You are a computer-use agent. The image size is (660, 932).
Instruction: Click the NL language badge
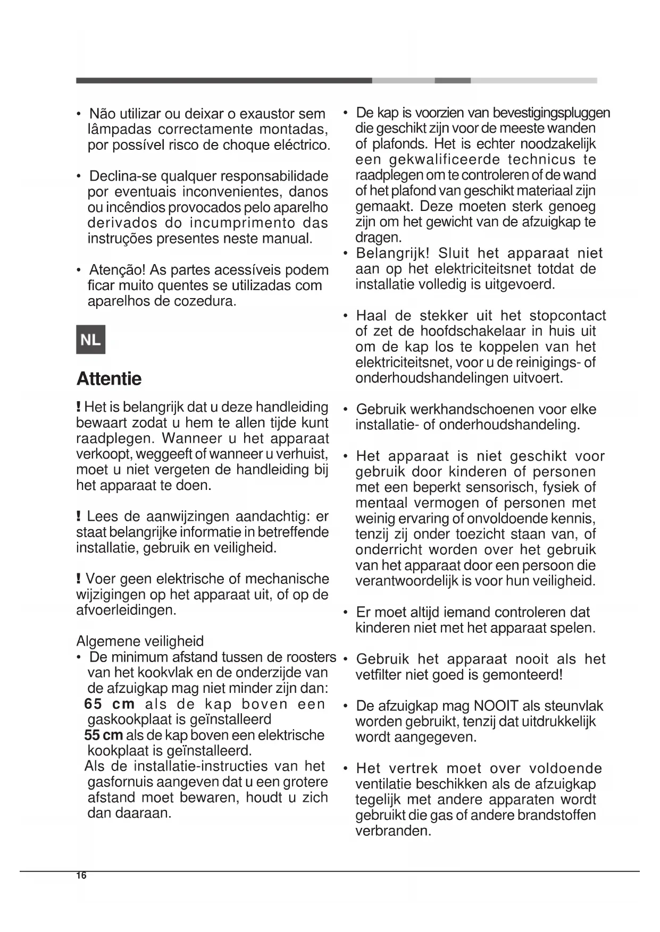90,340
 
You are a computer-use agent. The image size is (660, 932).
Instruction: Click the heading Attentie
109,379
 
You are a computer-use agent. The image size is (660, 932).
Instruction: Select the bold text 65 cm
110,704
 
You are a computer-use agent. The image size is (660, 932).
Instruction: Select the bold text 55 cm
104,735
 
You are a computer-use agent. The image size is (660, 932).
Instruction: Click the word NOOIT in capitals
496,706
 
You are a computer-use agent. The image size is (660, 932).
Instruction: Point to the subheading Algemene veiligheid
140,641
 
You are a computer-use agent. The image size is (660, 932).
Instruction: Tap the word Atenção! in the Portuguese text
118,270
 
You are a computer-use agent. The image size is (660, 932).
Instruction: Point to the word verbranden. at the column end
393,831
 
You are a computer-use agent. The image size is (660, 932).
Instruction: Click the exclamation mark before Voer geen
79,579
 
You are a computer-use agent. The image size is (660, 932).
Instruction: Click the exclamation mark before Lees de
79,516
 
